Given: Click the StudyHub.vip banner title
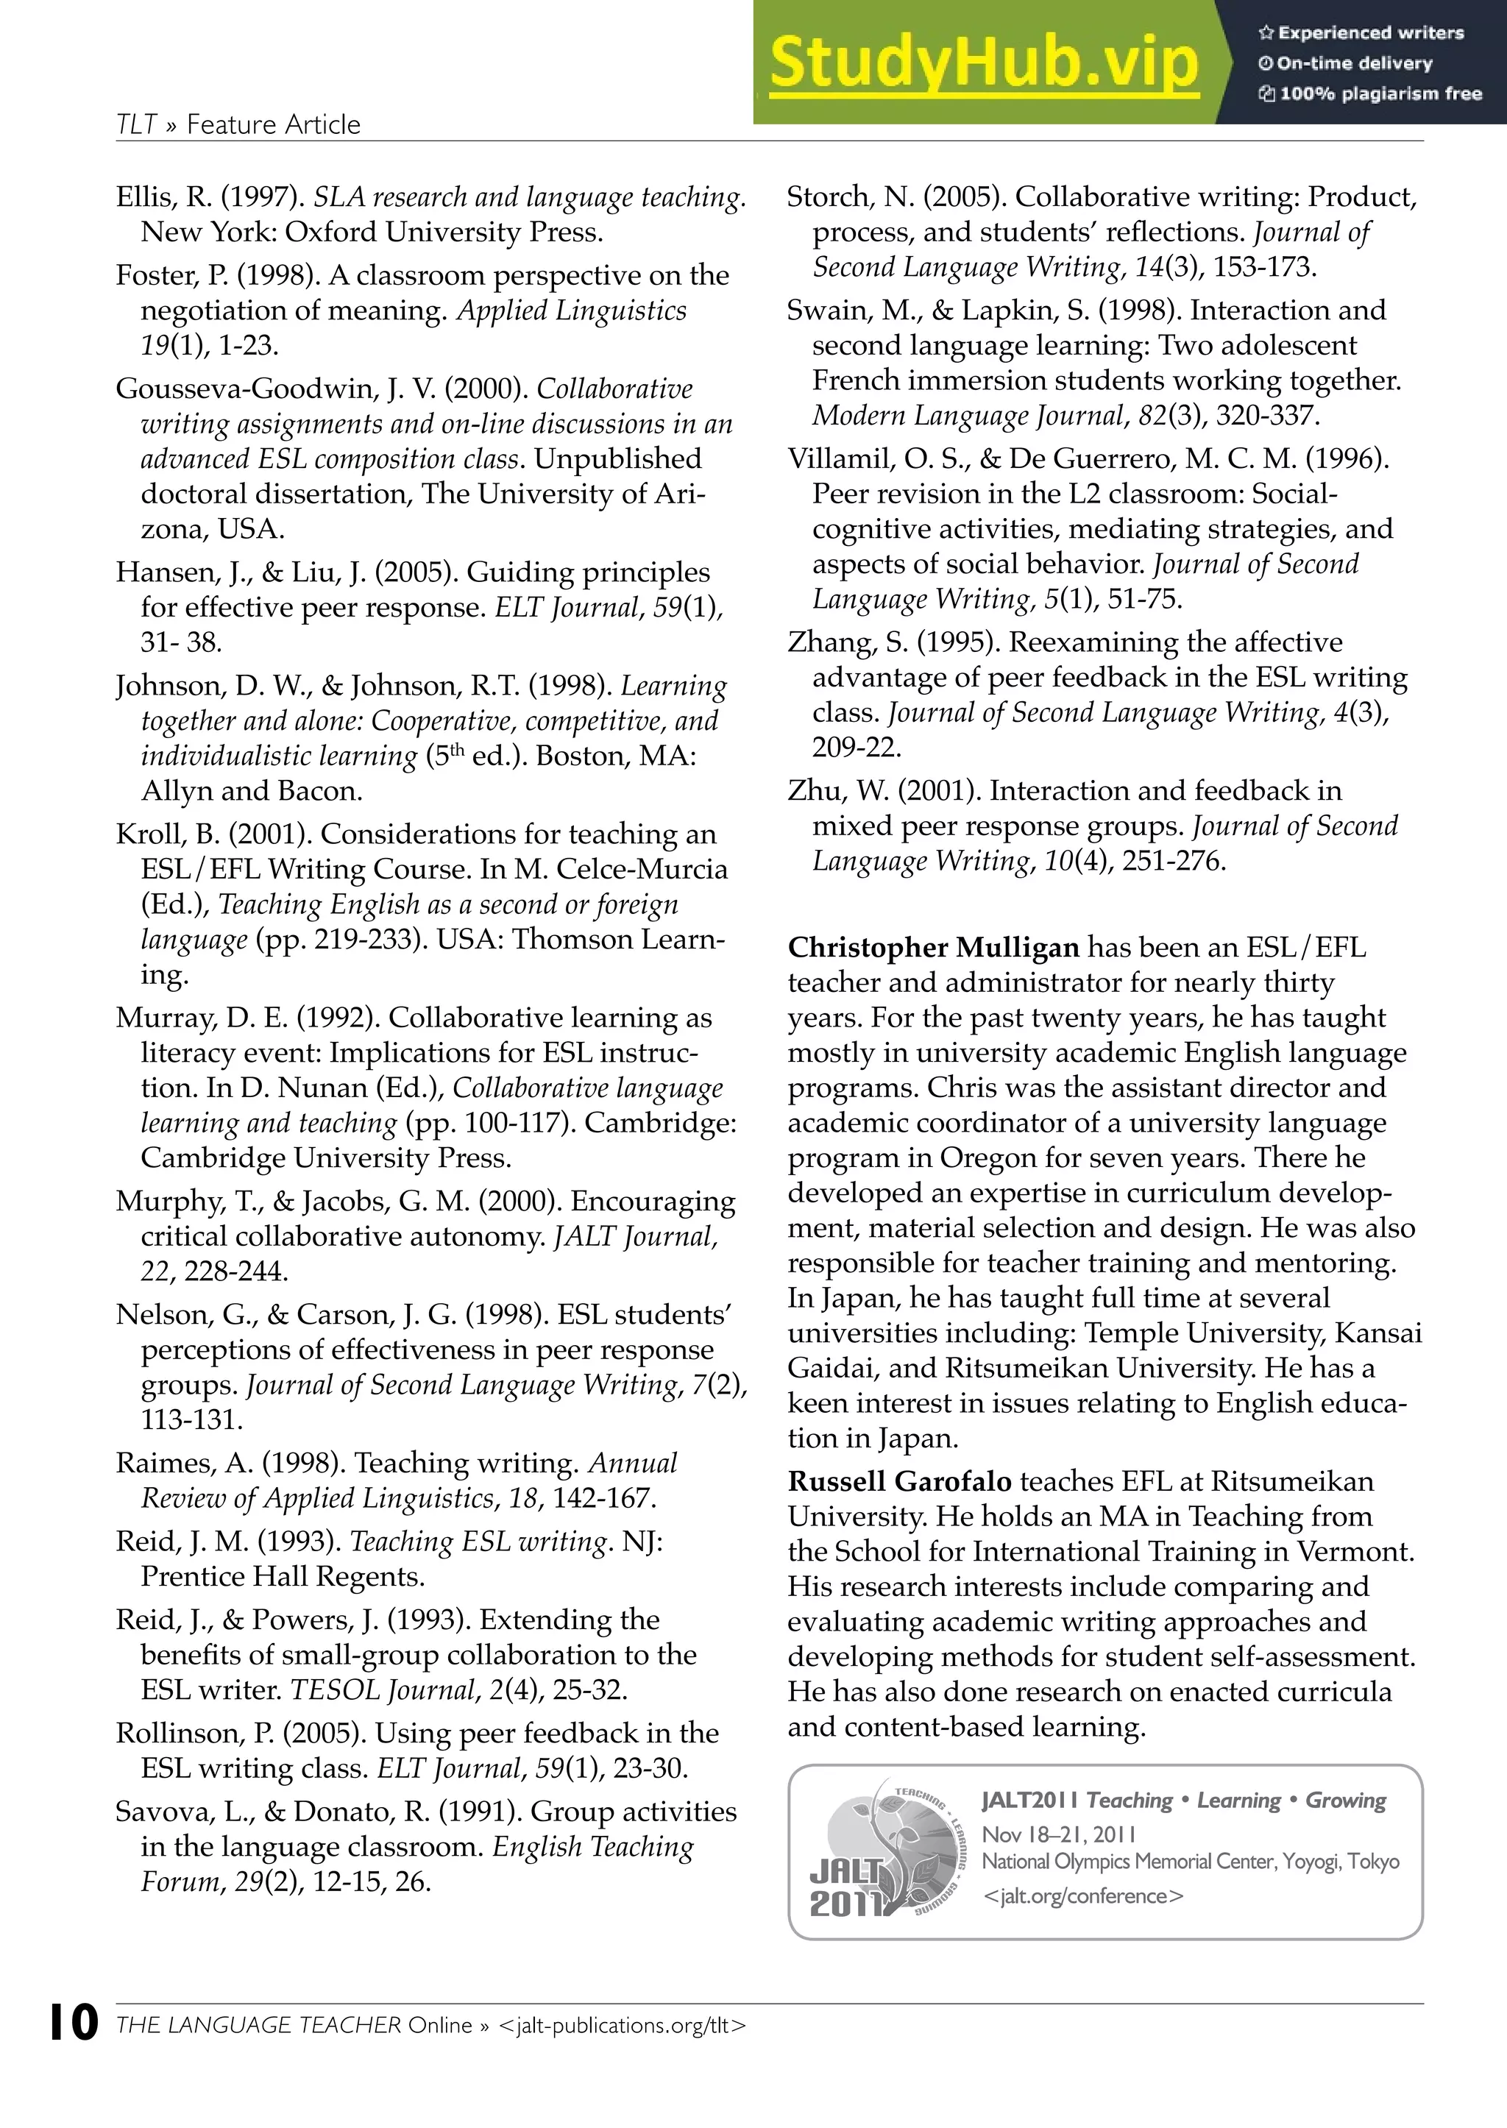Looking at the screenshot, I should coord(984,63).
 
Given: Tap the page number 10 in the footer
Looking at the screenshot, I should coord(74,2023).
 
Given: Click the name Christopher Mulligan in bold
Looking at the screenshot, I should coord(932,948).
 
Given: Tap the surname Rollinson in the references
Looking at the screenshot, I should coord(193,1733).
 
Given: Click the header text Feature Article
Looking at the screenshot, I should coord(273,124).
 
